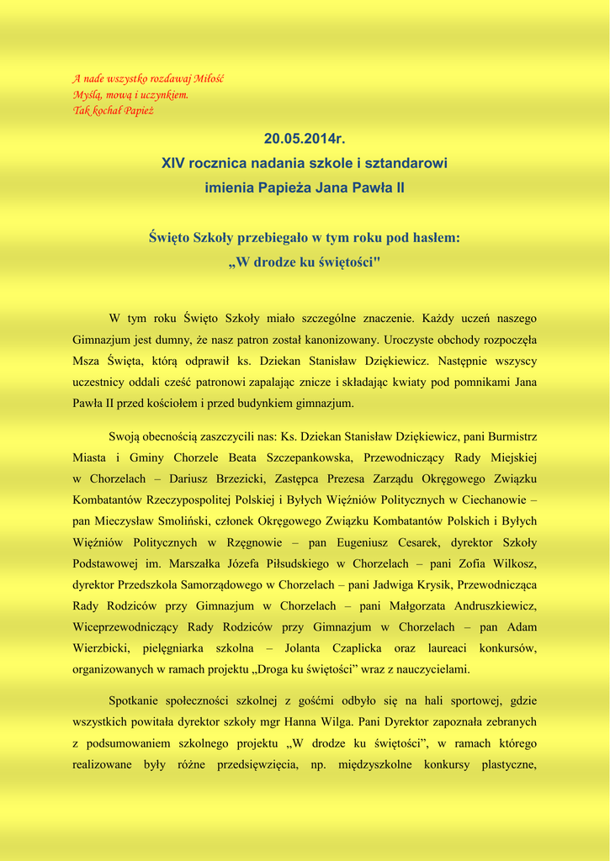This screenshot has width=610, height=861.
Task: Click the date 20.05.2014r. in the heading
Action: pos(305,138)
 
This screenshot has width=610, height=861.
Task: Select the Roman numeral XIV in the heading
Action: pos(173,162)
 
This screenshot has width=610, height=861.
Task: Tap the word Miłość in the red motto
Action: pos(209,79)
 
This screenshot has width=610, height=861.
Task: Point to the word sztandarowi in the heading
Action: pos(408,162)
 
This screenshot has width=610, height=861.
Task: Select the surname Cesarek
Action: pos(406,542)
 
